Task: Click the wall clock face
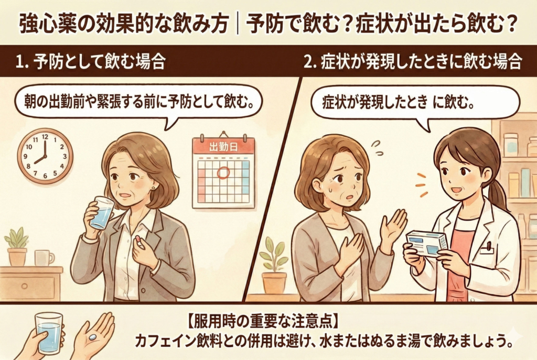coord(45,156)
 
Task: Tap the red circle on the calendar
coord(224,173)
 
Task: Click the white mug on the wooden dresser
coord(43,257)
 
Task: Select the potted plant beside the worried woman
coord(273,267)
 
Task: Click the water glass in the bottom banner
coord(49,333)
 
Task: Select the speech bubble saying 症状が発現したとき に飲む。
coord(414,102)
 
